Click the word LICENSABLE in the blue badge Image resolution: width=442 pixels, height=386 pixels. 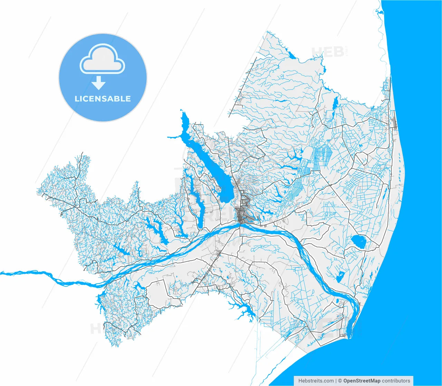[x=103, y=99]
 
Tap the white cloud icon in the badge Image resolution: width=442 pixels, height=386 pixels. [x=102, y=60]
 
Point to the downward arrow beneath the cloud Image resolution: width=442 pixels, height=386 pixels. [x=99, y=83]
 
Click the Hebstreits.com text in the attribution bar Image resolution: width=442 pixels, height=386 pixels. [x=316, y=381]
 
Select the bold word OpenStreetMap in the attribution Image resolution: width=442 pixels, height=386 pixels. [x=362, y=381]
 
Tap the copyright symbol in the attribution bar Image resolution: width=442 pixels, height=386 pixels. [x=340, y=381]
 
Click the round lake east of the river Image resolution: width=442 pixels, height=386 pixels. [x=358, y=241]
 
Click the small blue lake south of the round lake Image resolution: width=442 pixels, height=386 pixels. [x=340, y=276]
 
